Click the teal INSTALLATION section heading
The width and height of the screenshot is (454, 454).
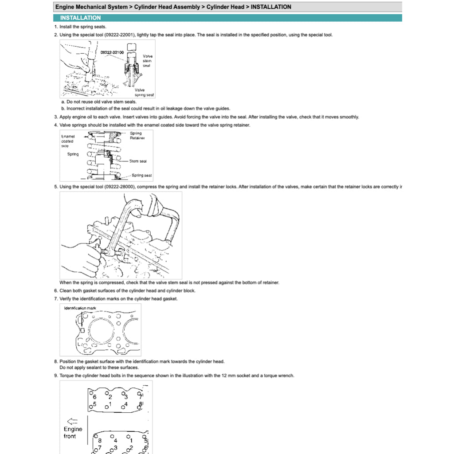point(80,18)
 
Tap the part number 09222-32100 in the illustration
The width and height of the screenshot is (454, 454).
point(112,52)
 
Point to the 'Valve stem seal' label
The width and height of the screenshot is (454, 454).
point(147,61)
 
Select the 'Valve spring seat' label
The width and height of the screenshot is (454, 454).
point(144,92)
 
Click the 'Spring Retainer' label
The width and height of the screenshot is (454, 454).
point(137,135)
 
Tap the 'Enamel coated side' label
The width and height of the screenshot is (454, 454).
point(67,141)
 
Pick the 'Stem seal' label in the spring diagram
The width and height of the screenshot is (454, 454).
point(138,161)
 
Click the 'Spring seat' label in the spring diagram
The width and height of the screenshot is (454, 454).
point(141,175)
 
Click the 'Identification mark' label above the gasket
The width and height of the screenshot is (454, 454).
point(80,308)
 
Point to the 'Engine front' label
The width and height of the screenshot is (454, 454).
point(73,432)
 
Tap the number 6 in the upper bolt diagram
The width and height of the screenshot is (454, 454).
point(94,396)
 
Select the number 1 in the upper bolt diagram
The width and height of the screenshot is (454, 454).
point(110,404)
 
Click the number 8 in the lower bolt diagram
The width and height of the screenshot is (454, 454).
point(100,440)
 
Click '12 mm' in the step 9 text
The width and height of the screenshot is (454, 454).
point(226,376)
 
